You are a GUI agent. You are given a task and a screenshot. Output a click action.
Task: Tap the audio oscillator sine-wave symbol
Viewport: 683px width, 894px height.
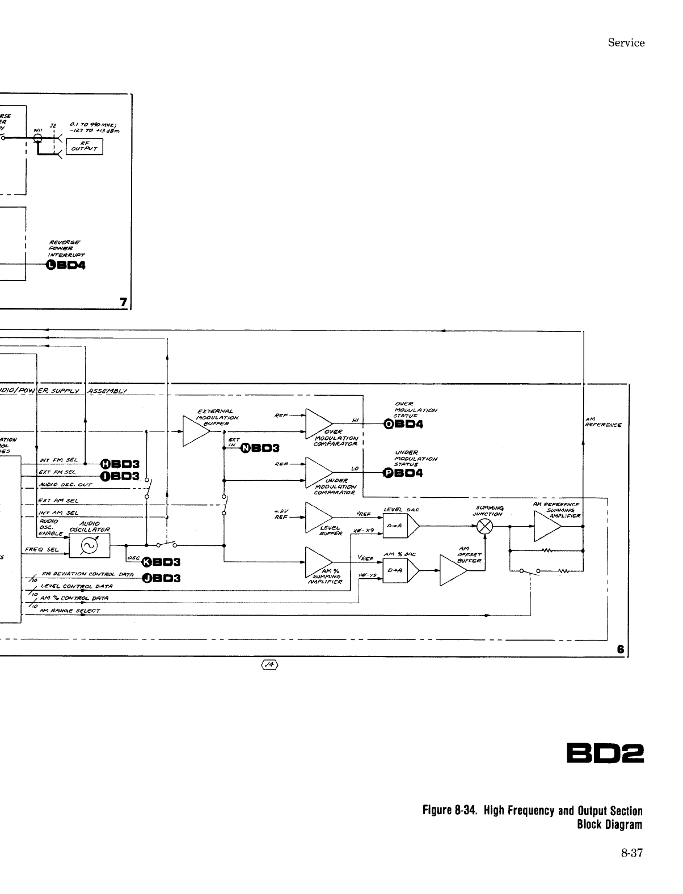(89, 546)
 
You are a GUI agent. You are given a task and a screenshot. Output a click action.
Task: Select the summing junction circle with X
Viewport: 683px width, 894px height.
(484, 527)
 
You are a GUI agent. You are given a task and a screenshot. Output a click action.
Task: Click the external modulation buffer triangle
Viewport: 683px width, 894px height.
(195, 431)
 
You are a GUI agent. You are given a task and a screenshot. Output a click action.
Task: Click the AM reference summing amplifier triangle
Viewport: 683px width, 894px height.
(546, 527)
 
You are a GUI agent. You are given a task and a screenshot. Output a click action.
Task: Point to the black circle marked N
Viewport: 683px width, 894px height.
(246, 448)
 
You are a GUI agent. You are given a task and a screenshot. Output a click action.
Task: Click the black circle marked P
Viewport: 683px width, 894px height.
(389, 473)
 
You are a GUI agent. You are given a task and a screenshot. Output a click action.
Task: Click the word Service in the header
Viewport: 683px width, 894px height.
(626, 43)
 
